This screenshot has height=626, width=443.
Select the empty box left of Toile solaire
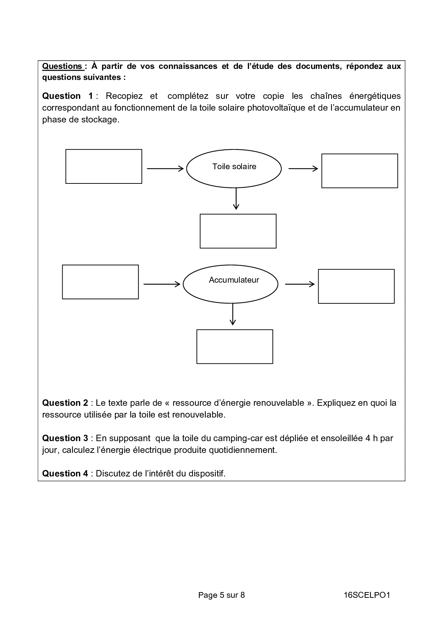point(104,166)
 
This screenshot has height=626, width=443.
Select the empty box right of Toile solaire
point(359,171)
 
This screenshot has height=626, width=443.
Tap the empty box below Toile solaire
point(238,231)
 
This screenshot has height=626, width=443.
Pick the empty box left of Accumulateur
point(100,282)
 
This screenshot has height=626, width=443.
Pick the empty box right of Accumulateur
point(356,286)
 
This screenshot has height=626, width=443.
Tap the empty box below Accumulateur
point(235,347)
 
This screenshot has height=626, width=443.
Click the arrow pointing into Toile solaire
point(165,168)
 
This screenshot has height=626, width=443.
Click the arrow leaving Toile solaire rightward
point(303,168)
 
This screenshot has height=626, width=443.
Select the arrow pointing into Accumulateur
point(162,284)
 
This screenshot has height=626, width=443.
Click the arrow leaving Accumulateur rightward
point(300,284)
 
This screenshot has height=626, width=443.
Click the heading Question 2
point(65,403)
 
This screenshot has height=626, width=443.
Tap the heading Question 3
point(65,438)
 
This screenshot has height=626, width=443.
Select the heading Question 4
point(65,474)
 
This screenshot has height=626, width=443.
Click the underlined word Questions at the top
point(62,66)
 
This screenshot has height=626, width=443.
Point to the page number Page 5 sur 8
point(221,595)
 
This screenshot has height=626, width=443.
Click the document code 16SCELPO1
point(367,595)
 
